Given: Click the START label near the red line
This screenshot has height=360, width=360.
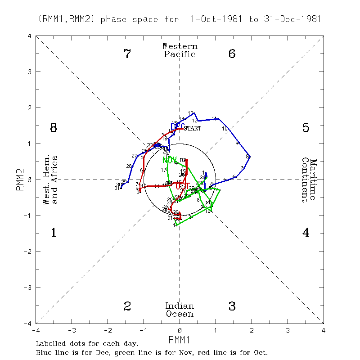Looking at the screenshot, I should point(192,128).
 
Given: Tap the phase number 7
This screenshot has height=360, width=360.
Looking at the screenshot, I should point(127,54).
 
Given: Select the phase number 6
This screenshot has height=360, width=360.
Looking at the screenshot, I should point(232,54).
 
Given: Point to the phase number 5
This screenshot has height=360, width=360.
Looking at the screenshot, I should point(306,128).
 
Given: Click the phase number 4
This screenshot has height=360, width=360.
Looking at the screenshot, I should point(306,233).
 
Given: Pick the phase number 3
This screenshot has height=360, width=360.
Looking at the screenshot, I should point(232,306).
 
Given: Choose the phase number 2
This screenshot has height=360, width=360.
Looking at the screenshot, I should point(127,306).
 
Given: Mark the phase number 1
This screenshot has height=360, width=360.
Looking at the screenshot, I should point(54,233).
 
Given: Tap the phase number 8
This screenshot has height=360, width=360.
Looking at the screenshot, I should point(54,128).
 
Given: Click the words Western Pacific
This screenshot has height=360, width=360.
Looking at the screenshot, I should point(180,50).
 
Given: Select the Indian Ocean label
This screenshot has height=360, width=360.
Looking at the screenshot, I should point(180,310).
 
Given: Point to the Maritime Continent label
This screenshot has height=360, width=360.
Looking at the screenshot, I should point(309,180).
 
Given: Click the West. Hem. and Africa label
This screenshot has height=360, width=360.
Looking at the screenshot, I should point(50,180).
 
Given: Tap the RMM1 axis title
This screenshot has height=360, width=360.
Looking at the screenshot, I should point(180,339).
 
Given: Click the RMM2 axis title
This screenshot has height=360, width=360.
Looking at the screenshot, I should point(19,180).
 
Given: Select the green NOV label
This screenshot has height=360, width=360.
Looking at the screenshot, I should point(170,160).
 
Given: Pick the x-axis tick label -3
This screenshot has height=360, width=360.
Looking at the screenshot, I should point(72,330).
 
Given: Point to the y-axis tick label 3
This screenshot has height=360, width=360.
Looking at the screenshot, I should point(29,72).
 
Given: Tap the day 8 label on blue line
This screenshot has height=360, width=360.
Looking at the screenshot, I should point(247,156).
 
